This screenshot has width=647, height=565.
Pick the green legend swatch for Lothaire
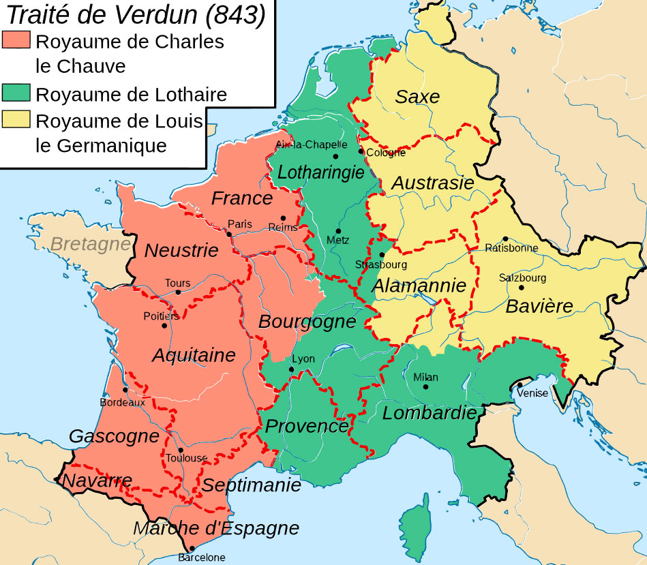(x=17, y=93)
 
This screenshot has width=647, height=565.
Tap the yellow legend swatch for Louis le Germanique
(x=17, y=121)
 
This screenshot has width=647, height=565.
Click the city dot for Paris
(x=230, y=234)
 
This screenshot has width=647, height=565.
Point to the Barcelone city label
(x=201, y=558)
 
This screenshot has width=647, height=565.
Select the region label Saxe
(x=418, y=97)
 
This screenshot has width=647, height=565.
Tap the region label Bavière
(x=539, y=306)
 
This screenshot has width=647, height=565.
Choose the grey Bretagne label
(x=91, y=243)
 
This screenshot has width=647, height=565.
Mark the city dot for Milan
(x=426, y=386)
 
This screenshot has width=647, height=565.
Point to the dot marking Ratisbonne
(x=505, y=239)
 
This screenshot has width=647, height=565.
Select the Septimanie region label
(x=252, y=485)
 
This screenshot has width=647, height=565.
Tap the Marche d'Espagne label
(x=216, y=528)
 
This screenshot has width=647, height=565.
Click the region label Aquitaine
(x=194, y=354)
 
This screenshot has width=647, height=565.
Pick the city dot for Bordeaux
(x=125, y=391)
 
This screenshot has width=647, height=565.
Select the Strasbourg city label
(x=381, y=264)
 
